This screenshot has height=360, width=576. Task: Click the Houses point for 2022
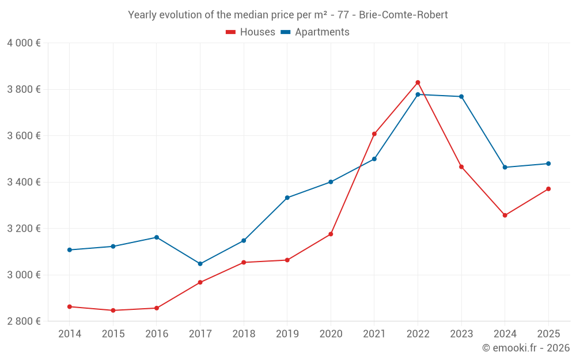pos(418,82)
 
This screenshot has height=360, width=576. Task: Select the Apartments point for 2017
pos(200,264)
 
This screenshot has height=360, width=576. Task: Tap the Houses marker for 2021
pos(374,134)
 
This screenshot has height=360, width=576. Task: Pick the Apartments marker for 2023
pos(461,97)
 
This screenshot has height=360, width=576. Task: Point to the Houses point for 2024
pos(505,215)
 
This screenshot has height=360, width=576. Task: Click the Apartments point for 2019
pos(287,198)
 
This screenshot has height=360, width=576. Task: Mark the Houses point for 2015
pos(113,310)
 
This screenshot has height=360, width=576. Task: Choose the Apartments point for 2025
pos(548,164)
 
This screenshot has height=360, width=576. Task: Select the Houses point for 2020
pos(331,234)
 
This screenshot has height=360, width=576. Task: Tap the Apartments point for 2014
pos(70,250)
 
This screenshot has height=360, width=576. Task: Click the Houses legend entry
pos(251,32)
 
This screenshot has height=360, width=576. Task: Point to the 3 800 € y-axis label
pos(24,89)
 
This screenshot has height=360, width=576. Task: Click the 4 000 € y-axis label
pos(24,43)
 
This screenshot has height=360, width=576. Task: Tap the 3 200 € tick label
pos(24,228)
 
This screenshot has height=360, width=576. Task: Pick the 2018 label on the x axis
pos(244,334)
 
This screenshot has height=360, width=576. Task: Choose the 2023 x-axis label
pos(461,334)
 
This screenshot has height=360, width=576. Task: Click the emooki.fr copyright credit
pos(526,348)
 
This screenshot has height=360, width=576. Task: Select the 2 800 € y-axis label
pos(24,321)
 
